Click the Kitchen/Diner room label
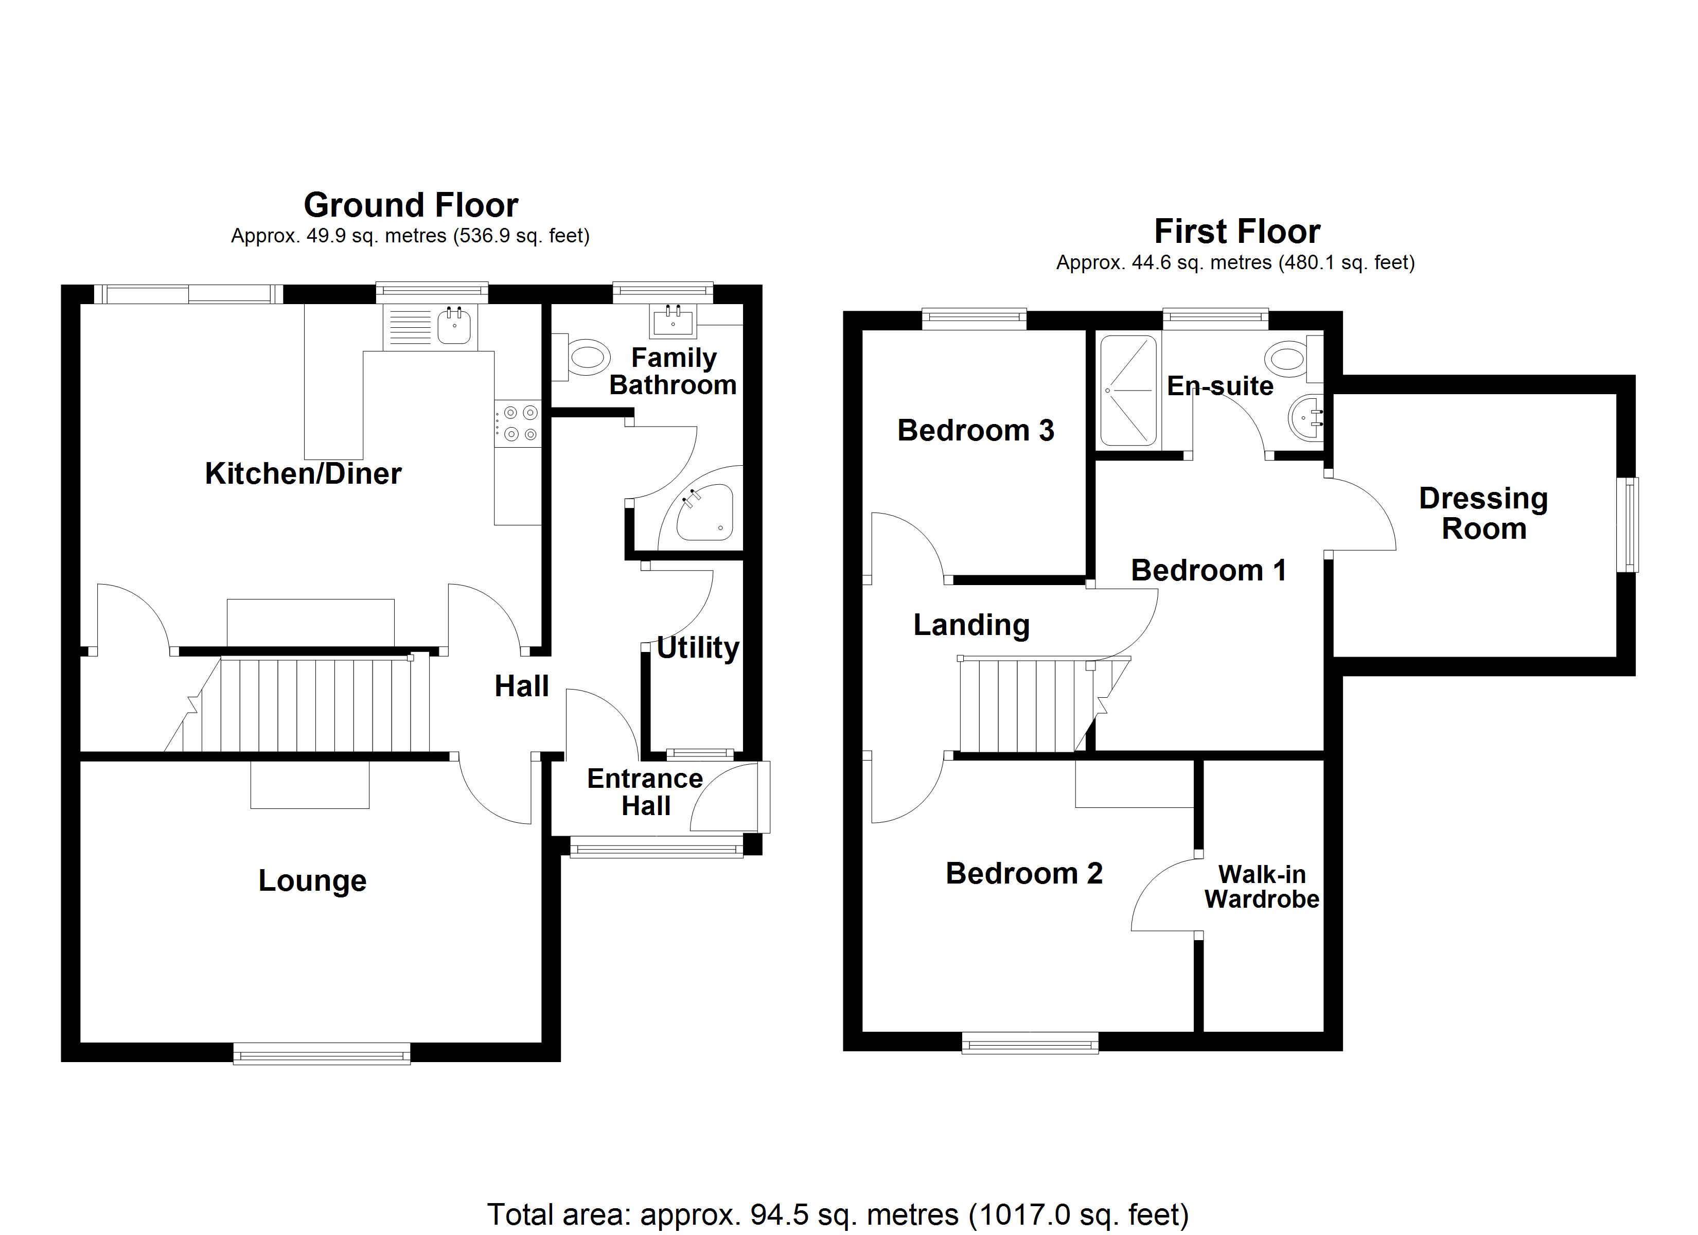pyautogui.click(x=303, y=474)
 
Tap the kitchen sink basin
pyautogui.click(x=454, y=327)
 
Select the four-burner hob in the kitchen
pyautogui.click(x=519, y=422)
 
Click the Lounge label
pyautogui.click(x=312, y=881)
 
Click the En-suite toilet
pyautogui.click(x=1293, y=357)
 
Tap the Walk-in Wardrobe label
pyautogui.click(x=1262, y=887)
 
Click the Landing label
pyautogui.click(x=971, y=625)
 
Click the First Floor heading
pyautogui.click(x=1237, y=232)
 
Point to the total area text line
pyautogui.click(x=838, y=1214)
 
